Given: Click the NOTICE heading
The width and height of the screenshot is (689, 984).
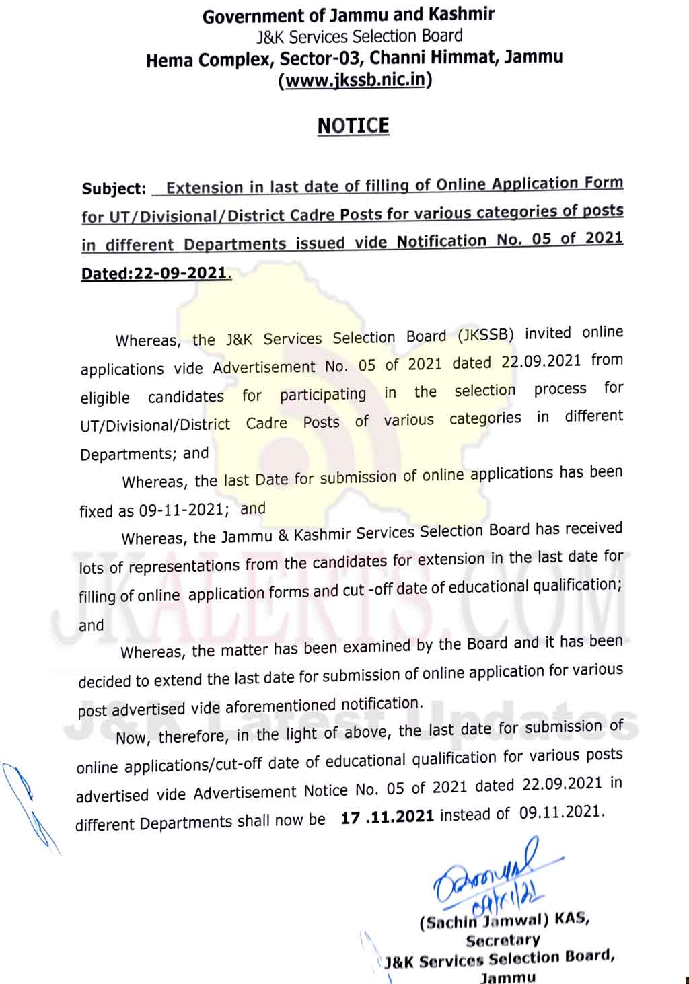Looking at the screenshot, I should (353, 126).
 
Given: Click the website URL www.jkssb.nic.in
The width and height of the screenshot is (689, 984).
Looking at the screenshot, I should (355, 80).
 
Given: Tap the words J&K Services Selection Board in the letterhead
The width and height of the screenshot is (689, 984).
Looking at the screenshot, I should (359, 36).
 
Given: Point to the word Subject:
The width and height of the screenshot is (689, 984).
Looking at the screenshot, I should (114, 188).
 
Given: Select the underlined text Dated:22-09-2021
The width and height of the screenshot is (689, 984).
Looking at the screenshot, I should (155, 274).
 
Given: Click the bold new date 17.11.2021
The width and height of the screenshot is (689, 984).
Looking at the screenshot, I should (388, 817).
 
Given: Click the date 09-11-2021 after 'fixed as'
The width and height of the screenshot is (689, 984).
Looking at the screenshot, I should (180, 510).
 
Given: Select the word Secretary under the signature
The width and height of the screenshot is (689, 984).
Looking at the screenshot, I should (503, 940).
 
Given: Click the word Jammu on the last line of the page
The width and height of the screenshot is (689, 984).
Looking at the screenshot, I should (508, 977).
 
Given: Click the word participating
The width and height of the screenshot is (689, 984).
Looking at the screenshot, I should (323, 394).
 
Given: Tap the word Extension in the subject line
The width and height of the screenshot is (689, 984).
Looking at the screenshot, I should (205, 188).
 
